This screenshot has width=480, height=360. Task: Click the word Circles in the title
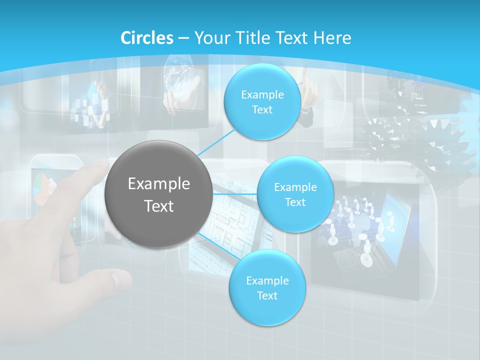coord(147,38)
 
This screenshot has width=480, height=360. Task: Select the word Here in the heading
coord(332,38)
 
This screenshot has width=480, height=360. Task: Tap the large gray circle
coord(158,194)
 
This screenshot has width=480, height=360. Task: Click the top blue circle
coord(261,101)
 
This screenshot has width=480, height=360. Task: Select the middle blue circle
coord(295,194)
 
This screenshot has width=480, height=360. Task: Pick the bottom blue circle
coord(267,287)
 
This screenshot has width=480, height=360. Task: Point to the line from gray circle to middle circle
coord(234,194)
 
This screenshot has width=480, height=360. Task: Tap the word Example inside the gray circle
coord(158,184)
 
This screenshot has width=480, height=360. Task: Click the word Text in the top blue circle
coord(262,110)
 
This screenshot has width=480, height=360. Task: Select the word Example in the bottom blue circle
coord(267,280)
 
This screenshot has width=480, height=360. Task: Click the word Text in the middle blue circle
coord(295,202)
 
